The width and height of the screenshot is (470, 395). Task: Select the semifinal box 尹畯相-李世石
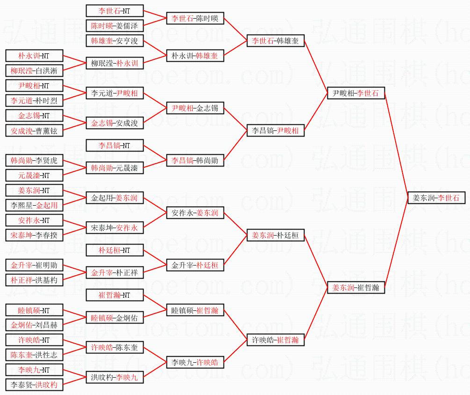pyautogui.click(x=356, y=93)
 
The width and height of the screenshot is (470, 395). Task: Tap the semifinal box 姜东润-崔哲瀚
pyautogui.click(x=356, y=288)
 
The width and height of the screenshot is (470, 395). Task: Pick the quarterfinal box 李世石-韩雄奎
pyautogui.click(x=275, y=41)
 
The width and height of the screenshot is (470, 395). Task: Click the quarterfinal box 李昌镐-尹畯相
pyautogui.click(x=275, y=131)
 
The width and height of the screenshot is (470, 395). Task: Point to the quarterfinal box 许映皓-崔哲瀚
pyautogui.click(x=275, y=340)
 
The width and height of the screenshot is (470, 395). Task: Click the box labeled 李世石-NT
pyautogui.click(x=115, y=11)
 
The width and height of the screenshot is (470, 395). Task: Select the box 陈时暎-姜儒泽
pyautogui.click(x=115, y=26)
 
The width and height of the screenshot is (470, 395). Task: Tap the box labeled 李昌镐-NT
pyautogui.click(x=115, y=146)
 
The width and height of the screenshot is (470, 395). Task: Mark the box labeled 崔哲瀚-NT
pyautogui.click(x=115, y=295)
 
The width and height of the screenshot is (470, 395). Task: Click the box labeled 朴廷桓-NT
pyautogui.click(x=115, y=251)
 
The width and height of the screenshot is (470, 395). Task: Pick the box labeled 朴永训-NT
pyautogui.click(x=34, y=56)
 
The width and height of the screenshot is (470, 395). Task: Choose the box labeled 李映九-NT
pyautogui.click(x=34, y=370)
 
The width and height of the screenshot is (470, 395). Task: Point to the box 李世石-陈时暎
pyautogui.click(x=195, y=19)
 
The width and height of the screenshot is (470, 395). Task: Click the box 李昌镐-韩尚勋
pyautogui.click(x=195, y=160)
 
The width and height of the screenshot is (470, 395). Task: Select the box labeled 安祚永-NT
pyautogui.click(x=34, y=220)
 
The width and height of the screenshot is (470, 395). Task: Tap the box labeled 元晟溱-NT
pyautogui.click(x=34, y=176)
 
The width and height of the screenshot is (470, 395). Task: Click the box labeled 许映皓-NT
pyautogui.click(x=34, y=340)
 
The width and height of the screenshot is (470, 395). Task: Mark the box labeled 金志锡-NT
pyautogui.click(x=34, y=116)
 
